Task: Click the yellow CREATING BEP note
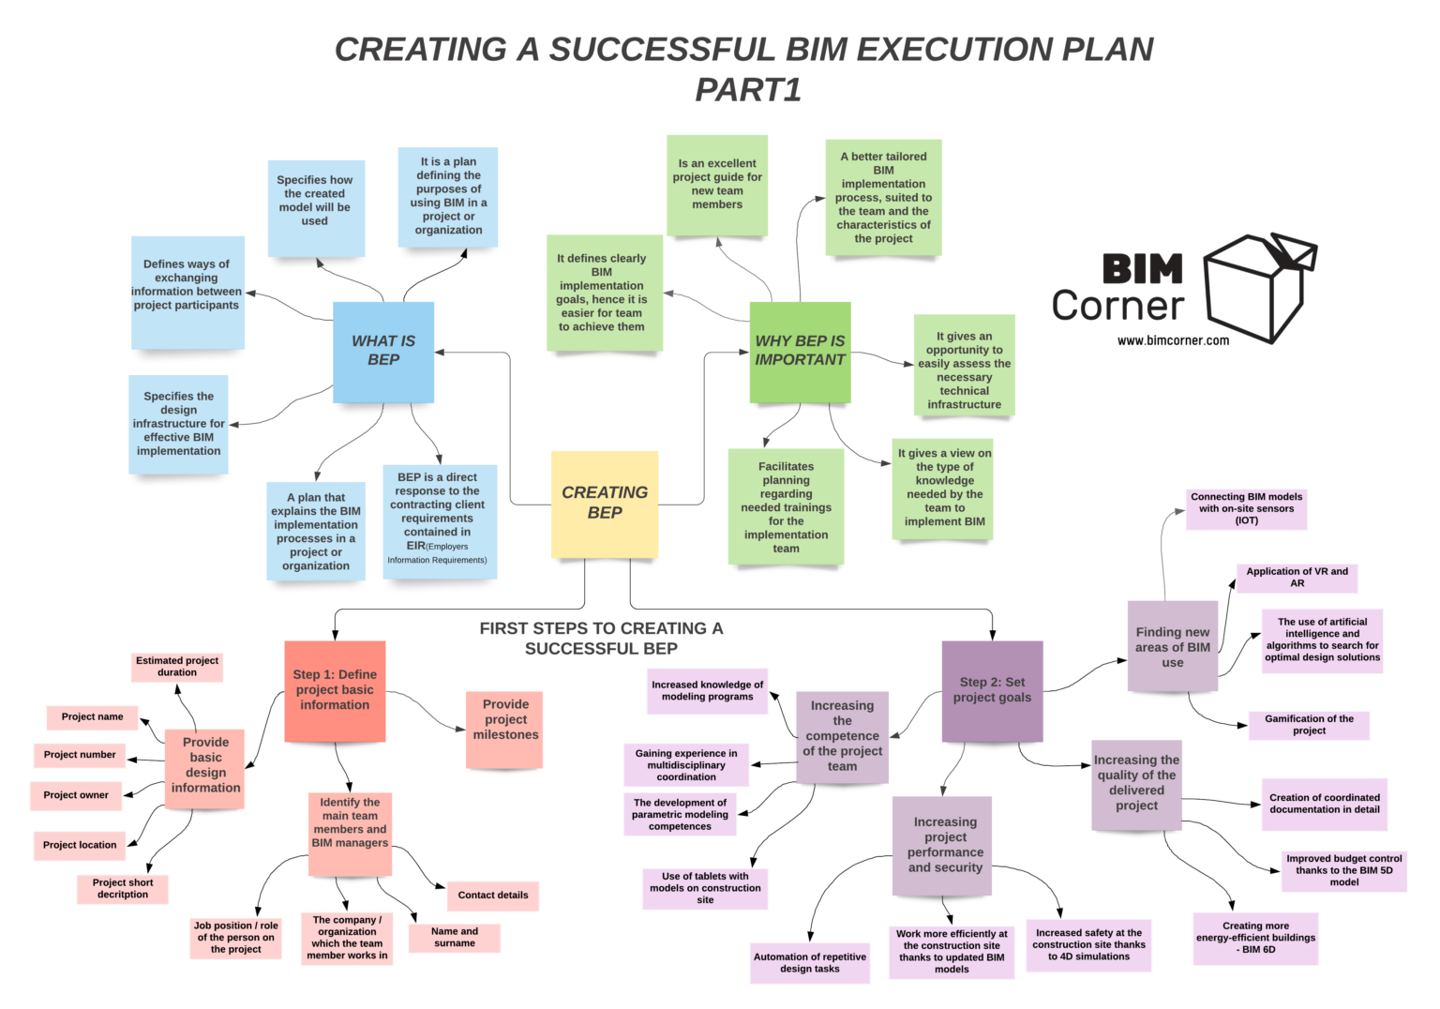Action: tap(605, 504)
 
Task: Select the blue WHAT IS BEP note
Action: tap(383, 352)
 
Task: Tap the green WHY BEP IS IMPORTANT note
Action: tap(800, 352)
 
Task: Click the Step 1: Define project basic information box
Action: tap(335, 690)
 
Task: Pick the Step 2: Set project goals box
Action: tap(992, 690)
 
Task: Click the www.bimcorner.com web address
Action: tap(1173, 341)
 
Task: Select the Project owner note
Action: tap(76, 795)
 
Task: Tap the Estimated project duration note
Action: tap(177, 667)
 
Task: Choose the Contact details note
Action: tap(493, 896)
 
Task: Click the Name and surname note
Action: tap(455, 938)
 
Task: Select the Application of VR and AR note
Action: tap(1297, 578)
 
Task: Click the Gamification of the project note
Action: tap(1309, 725)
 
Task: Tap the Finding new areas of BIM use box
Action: tap(1172, 647)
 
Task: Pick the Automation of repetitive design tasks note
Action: tap(810, 963)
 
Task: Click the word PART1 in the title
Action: tap(748, 90)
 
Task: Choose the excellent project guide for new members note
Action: tap(717, 185)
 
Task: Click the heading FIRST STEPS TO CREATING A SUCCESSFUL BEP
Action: tap(601, 639)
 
